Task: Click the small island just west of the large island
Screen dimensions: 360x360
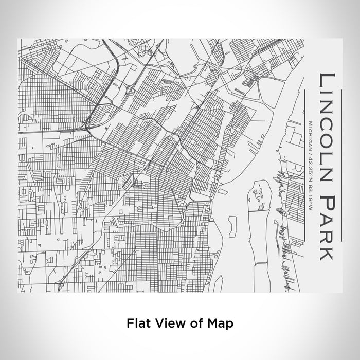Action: click(x=232, y=223)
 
